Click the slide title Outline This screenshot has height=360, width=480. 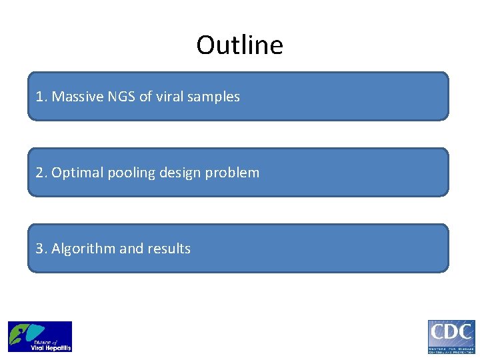click(x=239, y=45)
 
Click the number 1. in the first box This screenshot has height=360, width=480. click(x=41, y=97)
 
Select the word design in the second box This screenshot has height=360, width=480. click(x=177, y=173)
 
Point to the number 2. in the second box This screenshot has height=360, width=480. click(x=41, y=173)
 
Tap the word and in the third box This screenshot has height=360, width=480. click(x=131, y=249)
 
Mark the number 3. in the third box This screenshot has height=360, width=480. click(x=41, y=249)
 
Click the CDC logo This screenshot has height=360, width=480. click(x=451, y=337)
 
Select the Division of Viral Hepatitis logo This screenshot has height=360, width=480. click(x=40, y=337)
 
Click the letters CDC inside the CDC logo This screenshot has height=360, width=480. click(x=451, y=332)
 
